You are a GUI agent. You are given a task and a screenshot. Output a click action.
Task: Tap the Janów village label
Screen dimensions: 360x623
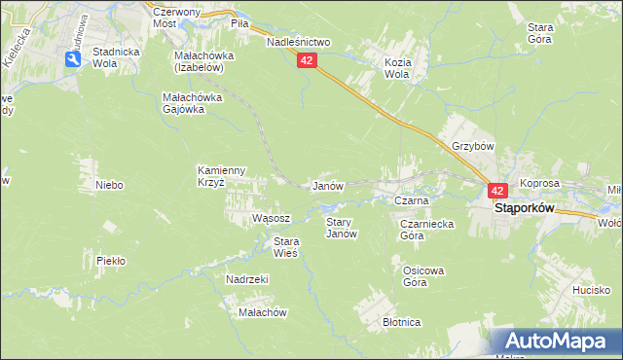(x=326, y=186)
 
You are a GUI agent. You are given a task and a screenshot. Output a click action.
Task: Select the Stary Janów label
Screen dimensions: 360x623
(x=341, y=228)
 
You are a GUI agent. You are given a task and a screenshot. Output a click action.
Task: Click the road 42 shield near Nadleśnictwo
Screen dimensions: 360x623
(x=308, y=60)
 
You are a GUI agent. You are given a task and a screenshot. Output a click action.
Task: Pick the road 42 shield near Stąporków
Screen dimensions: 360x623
(x=496, y=192)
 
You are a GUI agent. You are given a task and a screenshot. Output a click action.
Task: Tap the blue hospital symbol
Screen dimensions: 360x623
(x=73, y=60)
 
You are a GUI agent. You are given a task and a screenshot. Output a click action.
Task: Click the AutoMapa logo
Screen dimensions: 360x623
(x=557, y=342)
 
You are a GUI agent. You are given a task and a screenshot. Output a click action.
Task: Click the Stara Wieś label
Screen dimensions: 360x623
(x=285, y=247)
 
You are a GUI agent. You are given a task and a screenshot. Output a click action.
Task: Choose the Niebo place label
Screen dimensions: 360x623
(x=108, y=184)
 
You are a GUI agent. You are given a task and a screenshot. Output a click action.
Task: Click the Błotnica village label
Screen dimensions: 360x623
(x=401, y=322)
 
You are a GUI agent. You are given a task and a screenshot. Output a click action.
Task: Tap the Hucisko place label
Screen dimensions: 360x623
(x=591, y=290)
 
